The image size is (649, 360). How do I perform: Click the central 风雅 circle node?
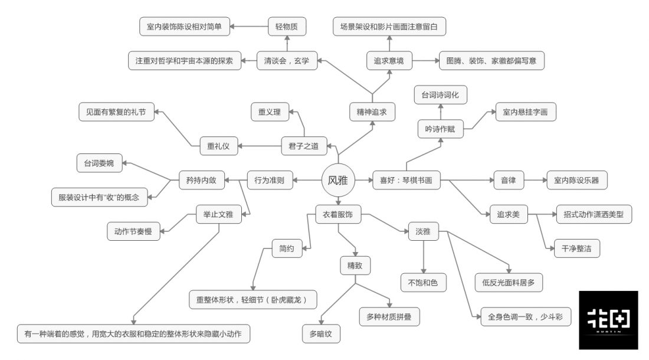338,180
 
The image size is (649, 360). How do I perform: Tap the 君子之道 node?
303,146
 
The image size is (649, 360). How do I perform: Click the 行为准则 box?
269,181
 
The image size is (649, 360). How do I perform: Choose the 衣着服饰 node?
338,215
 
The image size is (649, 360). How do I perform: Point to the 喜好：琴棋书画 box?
407,181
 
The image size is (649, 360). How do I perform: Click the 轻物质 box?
287,27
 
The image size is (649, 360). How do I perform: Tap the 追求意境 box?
388,60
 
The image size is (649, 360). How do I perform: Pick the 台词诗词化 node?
440,94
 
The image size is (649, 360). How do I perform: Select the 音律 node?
508,181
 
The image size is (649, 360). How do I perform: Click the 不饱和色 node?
423,283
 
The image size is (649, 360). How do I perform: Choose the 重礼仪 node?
218,146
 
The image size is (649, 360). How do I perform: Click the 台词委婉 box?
99,163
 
